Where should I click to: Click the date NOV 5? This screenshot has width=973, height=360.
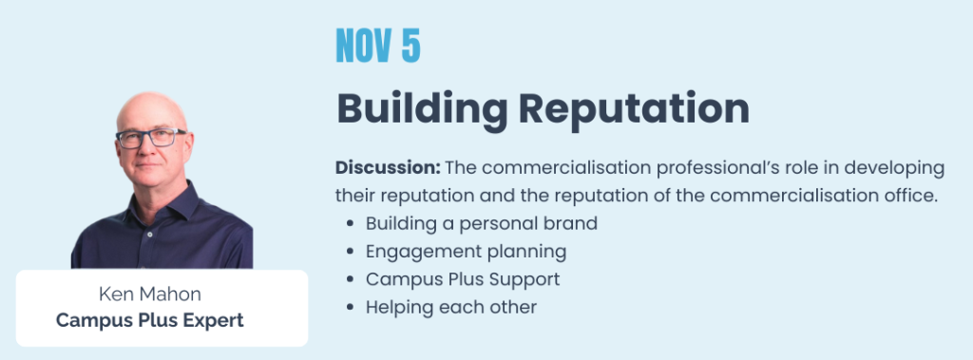pyautogui.click(x=378, y=46)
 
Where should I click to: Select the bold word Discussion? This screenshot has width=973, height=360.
pyautogui.click(x=388, y=167)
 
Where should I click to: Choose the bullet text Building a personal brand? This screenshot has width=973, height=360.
pyautogui.click(x=482, y=223)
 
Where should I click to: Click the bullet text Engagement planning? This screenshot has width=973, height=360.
pyautogui.click(x=466, y=252)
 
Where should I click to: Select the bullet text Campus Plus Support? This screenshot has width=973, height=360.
pyautogui.click(x=463, y=279)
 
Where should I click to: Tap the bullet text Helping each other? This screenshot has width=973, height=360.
pyautogui.click(x=451, y=307)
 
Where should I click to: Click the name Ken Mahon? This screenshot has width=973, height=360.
pyautogui.click(x=149, y=294)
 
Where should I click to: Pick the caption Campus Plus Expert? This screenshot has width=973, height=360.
pyautogui.click(x=149, y=320)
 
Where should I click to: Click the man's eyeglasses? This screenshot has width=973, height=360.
pyautogui.click(x=151, y=138)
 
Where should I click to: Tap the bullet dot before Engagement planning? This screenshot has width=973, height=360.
pyautogui.click(x=352, y=252)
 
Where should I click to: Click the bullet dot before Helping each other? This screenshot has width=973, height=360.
pyautogui.click(x=352, y=307)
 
